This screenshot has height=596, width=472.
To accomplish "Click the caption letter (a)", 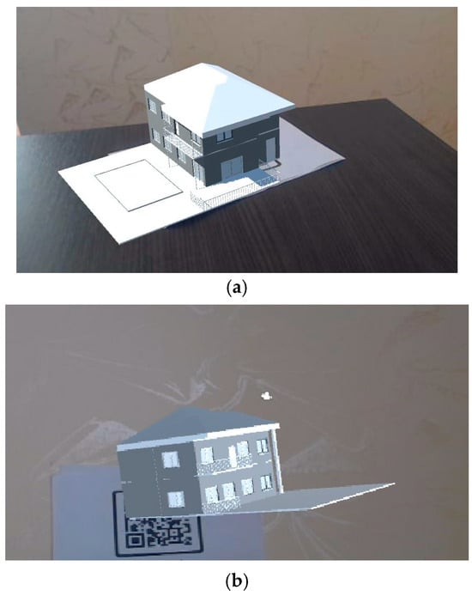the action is (x=237, y=289).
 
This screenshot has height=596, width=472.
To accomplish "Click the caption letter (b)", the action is (x=237, y=581).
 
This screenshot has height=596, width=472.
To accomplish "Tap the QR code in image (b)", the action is (x=159, y=533).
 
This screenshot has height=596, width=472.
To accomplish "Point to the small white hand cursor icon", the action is (x=267, y=396).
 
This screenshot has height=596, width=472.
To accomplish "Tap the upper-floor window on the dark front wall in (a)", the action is (x=225, y=136).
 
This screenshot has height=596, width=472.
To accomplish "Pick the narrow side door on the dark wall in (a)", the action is (x=270, y=149).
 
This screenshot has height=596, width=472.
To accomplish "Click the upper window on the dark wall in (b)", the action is (x=170, y=459).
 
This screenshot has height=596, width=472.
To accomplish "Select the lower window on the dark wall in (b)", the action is (x=176, y=499).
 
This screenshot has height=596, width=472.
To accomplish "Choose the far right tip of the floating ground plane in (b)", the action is (x=394, y=483).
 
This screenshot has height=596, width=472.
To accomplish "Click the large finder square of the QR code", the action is (x=133, y=540).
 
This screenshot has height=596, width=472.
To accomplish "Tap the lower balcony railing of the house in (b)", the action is (x=221, y=504).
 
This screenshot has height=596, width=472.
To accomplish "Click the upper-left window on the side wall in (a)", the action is (x=152, y=106).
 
